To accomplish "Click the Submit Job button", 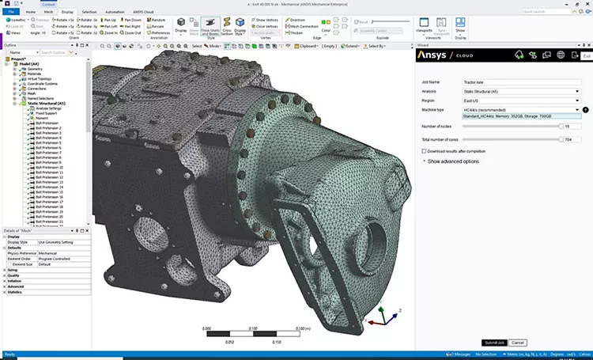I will pos(493,342).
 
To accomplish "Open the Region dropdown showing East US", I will pos(522,101).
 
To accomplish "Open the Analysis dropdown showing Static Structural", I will pos(522,92).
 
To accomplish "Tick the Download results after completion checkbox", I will pos(424,150).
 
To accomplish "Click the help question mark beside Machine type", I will pos(586,110).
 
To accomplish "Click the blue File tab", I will pos(10,13).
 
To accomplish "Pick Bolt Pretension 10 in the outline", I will pos(51,167).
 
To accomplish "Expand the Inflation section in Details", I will pos(16,280).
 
